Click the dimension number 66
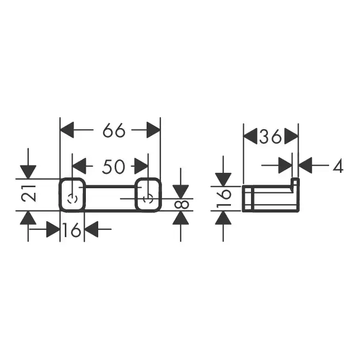(114, 131)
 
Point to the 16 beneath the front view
(73, 231)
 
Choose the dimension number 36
(270, 137)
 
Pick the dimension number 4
(337, 166)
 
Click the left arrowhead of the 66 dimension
(67, 131)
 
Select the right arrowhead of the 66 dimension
(153, 131)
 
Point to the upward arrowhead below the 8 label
(180, 218)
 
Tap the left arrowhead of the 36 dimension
(250, 137)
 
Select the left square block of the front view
(72, 194)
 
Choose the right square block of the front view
(148, 194)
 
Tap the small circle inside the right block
(148, 199)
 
